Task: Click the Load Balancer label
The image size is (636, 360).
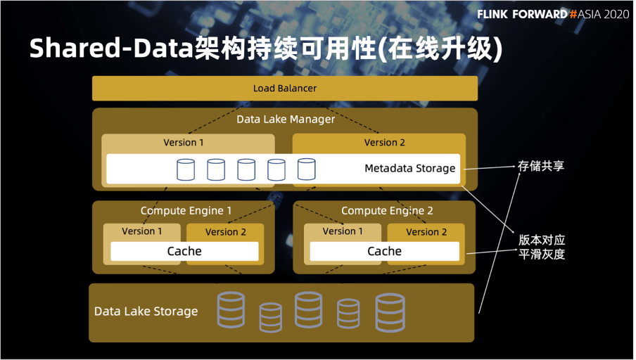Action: point(285,88)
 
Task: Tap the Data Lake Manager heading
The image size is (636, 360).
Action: point(286,120)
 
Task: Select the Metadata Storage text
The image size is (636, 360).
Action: point(409,168)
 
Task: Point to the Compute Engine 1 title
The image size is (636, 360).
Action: point(186,211)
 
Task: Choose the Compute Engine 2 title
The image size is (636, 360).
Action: point(387,211)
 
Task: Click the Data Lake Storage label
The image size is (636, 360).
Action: point(146,311)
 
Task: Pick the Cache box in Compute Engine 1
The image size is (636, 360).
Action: point(184,251)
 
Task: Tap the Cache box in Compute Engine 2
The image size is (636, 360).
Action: point(385,251)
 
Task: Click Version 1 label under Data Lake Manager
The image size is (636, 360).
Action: point(184,142)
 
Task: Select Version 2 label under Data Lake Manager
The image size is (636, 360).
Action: point(385,142)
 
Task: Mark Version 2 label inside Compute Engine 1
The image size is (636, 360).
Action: point(226,232)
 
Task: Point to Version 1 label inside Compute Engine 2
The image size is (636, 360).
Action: point(343,231)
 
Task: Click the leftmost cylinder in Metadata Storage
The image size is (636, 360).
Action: point(186,169)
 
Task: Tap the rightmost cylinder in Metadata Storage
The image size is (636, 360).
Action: point(306,169)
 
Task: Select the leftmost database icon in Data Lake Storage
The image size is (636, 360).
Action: point(231,310)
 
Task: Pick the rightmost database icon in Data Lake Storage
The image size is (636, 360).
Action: point(390,313)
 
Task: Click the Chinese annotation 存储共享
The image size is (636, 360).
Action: point(541,166)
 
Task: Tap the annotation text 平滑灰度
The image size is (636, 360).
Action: point(542,255)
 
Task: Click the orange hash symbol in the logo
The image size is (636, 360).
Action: point(573,14)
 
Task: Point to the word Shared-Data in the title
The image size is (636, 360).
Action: point(110,48)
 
